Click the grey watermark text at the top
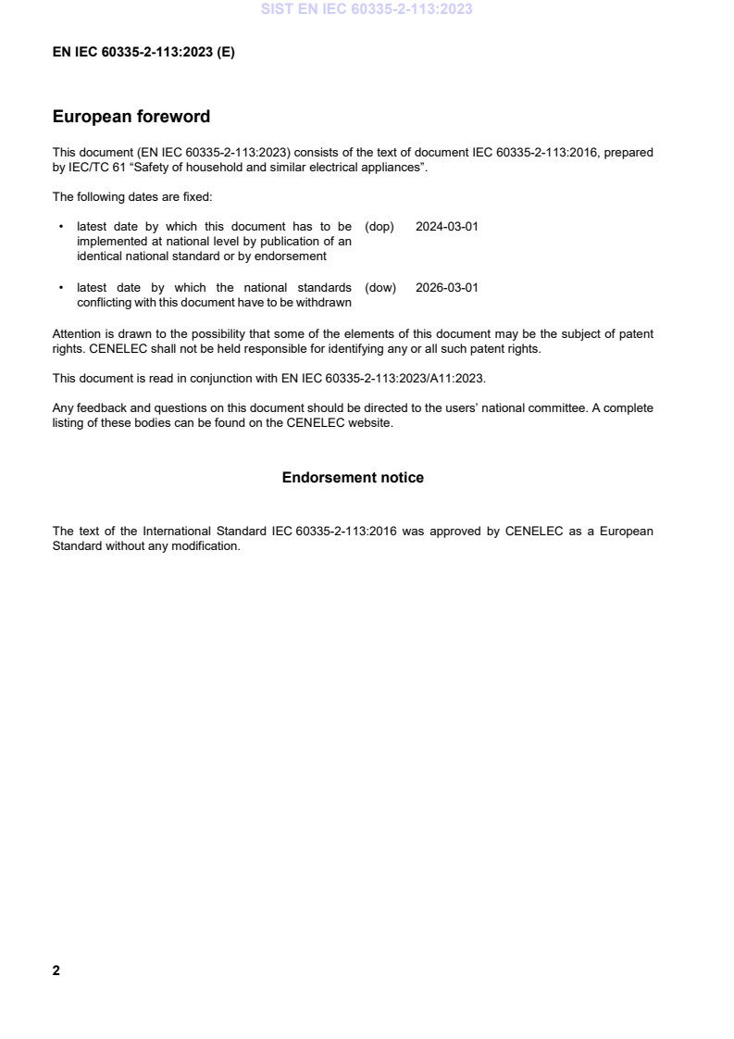click(x=367, y=9)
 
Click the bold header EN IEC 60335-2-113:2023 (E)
click(x=143, y=53)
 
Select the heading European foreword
click(x=131, y=117)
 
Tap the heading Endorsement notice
click(x=353, y=478)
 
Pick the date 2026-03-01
click(x=447, y=288)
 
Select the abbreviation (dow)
click(x=380, y=288)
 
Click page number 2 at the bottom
click(x=56, y=970)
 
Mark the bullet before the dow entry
click(x=61, y=288)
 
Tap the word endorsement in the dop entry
click(x=295, y=257)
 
